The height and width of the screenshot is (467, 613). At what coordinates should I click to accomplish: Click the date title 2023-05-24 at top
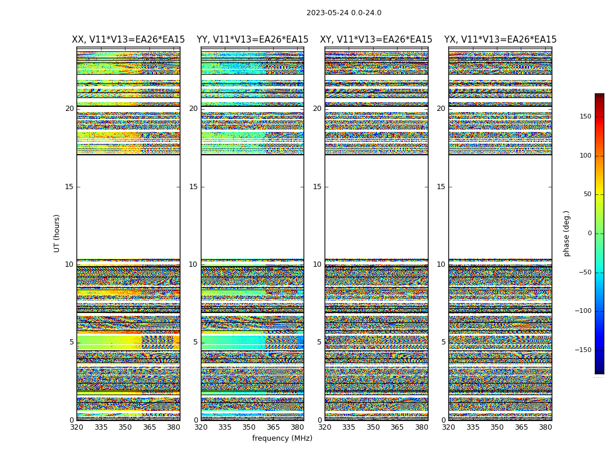click(x=344, y=13)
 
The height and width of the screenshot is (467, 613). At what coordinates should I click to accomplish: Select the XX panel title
click(x=128, y=40)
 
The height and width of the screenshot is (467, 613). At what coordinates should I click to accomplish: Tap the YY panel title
click(x=252, y=40)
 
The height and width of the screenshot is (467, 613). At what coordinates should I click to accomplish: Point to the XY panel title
click(x=376, y=40)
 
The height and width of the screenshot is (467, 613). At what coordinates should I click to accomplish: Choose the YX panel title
click(x=500, y=40)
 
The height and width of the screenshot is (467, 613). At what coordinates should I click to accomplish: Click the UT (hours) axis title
click(x=57, y=233)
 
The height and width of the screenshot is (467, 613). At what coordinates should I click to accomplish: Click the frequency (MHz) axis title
click(x=282, y=438)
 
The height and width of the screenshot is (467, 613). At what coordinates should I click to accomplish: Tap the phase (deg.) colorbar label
click(x=566, y=233)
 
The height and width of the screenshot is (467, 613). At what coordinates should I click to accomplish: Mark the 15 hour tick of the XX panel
click(x=69, y=187)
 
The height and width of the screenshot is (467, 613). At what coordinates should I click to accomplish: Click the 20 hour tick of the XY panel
click(x=317, y=109)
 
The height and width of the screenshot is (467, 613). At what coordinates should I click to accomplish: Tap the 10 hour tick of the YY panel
click(x=193, y=264)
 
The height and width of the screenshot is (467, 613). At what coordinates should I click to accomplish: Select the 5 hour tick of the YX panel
click(x=443, y=342)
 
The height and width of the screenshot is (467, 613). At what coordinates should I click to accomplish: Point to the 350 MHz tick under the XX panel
click(x=125, y=427)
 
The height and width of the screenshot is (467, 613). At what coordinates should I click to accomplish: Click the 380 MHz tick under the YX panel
click(x=545, y=427)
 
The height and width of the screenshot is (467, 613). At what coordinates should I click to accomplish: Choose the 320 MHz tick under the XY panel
click(x=325, y=427)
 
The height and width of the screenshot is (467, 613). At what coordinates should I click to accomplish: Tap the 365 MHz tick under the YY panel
click(x=273, y=427)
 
